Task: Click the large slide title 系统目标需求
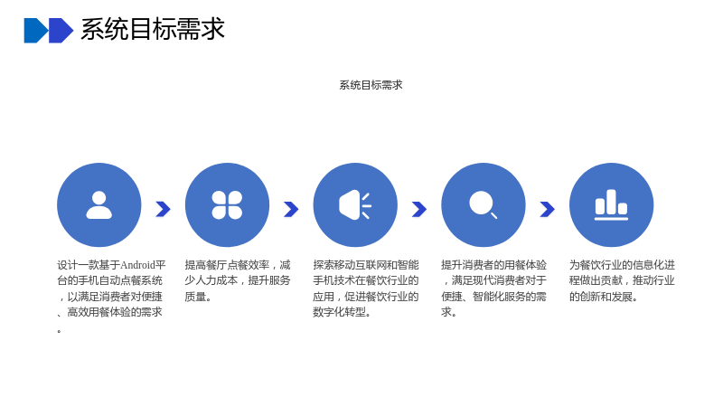point(153,29)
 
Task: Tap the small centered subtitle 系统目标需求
point(371,85)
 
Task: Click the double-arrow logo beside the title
point(49,31)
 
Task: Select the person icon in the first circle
point(99,205)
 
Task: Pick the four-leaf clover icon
point(227,205)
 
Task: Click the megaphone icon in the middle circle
point(355,205)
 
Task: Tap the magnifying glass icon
point(483,204)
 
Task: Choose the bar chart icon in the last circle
point(612,205)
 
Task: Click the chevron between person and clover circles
point(164,209)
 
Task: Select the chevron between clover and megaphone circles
point(291,209)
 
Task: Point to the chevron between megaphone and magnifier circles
point(419,209)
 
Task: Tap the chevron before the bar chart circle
point(548,209)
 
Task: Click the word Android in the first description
point(137,265)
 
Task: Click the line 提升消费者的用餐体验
point(493,265)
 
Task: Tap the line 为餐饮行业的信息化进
point(622,265)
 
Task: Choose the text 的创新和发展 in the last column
point(601,297)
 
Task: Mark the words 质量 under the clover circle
point(195,297)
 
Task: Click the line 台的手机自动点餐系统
point(109,280)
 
